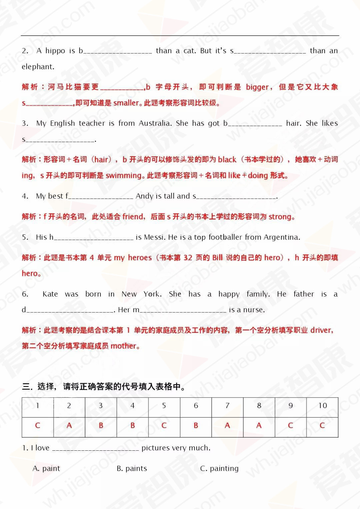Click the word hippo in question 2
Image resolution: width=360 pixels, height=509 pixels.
[55, 51]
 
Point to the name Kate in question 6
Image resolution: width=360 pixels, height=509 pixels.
[50, 294]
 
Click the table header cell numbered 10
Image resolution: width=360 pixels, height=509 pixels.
[322, 406]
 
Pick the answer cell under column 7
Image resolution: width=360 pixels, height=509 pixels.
[227, 426]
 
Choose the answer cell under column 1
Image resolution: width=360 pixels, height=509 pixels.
[38, 426]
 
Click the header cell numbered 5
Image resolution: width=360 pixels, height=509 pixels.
[164, 406]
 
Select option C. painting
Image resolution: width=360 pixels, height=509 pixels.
[219, 469]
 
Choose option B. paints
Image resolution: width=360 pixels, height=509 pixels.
[132, 469]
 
